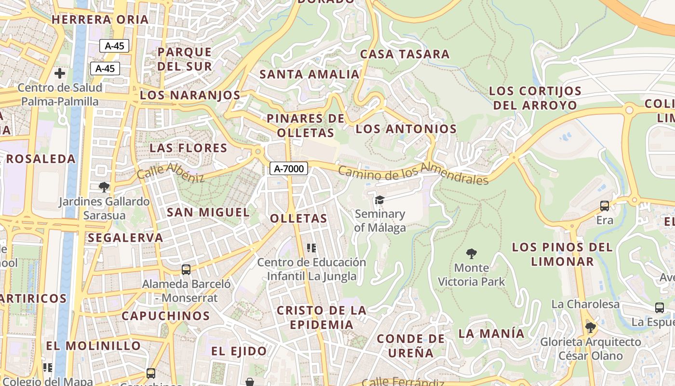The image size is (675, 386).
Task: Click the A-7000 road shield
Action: click(x=289, y=168)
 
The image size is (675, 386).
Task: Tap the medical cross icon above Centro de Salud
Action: click(x=60, y=73)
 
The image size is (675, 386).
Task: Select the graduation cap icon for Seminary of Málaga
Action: click(x=380, y=200)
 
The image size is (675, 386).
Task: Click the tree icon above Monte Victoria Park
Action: click(x=472, y=253)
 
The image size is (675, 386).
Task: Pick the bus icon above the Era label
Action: click(x=605, y=206)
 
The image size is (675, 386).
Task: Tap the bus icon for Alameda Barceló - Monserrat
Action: click(x=186, y=270)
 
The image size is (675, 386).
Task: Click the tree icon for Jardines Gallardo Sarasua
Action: click(x=104, y=187)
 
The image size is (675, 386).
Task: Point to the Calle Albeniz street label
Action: click(x=171, y=173)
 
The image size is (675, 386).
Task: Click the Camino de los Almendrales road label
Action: click(x=413, y=174)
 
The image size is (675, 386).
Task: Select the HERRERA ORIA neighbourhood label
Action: click(x=100, y=20)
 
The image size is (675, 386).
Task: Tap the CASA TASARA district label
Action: click(x=405, y=54)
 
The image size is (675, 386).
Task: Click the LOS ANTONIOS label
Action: click(x=406, y=129)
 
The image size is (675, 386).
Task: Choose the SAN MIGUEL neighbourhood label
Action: click(x=208, y=212)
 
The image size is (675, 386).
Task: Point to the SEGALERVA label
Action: click(x=125, y=237)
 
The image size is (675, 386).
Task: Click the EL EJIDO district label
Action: click(x=239, y=351)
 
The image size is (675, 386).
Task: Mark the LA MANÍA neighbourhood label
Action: click(x=491, y=333)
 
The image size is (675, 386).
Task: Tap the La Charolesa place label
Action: click(x=585, y=304)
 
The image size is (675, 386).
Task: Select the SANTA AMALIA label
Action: click(x=310, y=74)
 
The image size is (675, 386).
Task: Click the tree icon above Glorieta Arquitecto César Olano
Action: click(x=590, y=328)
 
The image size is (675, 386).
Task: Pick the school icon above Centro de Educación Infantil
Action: click(x=311, y=248)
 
